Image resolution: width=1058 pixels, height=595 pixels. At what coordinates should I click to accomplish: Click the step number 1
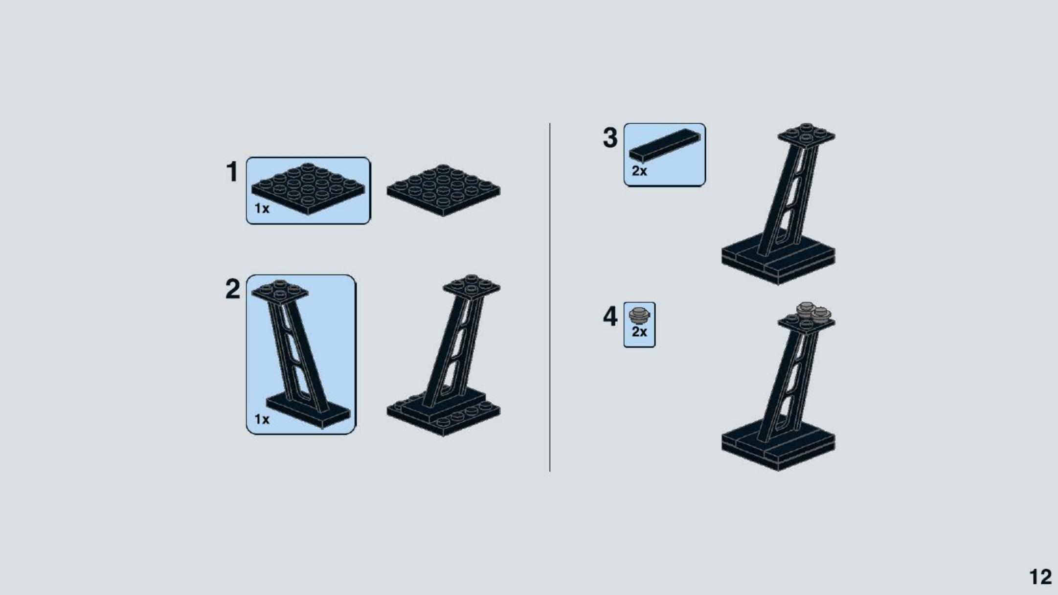(x=232, y=172)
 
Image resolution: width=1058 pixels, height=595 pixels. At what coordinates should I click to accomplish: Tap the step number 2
(x=233, y=289)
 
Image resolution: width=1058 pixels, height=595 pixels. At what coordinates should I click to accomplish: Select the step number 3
(x=610, y=137)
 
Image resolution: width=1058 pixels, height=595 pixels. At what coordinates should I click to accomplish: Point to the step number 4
(x=610, y=316)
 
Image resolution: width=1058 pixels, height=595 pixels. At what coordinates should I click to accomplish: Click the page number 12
(x=1040, y=577)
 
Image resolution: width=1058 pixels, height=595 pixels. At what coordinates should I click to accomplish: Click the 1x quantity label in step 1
(x=262, y=209)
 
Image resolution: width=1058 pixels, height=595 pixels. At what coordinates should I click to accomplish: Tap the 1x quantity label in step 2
(x=262, y=419)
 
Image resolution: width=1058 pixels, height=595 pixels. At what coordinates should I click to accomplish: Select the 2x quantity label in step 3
(x=639, y=171)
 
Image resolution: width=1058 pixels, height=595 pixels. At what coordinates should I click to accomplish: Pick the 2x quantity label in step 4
(x=639, y=332)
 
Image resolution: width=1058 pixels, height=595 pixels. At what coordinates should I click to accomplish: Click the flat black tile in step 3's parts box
(x=664, y=145)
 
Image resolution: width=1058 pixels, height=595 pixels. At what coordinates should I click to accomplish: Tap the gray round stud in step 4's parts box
(x=639, y=316)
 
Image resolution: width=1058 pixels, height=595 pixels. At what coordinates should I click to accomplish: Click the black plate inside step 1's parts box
(x=308, y=189)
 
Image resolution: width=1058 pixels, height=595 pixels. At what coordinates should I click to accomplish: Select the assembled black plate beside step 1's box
(x=444, y=190)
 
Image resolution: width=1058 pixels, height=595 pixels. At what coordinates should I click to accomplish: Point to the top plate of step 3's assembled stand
(x=807, y=135)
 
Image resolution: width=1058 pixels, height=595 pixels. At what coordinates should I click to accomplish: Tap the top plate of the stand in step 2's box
(x=280, y=293)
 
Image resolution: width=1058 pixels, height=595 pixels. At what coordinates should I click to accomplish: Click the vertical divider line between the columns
(x=550, y=297)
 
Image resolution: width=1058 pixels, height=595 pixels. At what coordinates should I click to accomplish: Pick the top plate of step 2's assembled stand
(x=472, y=287)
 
